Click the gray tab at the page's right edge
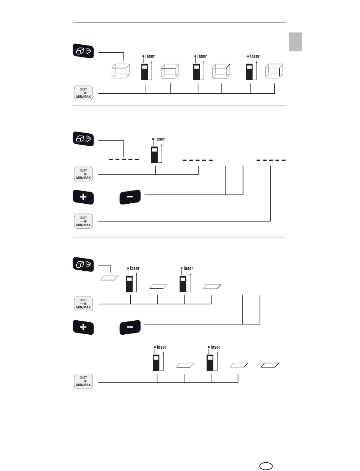click(296, 42)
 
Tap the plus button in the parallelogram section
click(83, 327)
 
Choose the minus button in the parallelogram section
click(130, 327)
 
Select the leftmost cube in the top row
click(121, 72)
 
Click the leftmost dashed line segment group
click(124, 159)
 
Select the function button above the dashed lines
click(83, 138)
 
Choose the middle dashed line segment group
click(197, 160)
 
